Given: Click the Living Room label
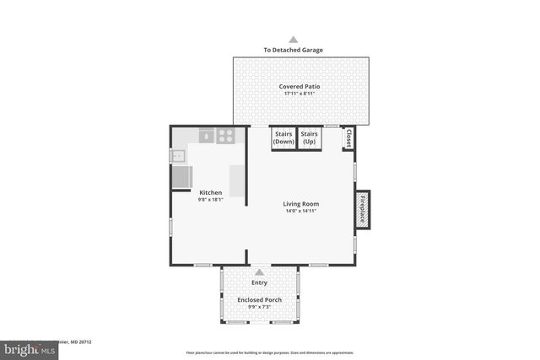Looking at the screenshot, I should coord(300,203).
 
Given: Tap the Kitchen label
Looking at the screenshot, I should coord(210,192).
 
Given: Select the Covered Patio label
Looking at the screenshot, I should coord(300,86).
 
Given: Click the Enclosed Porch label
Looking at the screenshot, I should coord(259,299).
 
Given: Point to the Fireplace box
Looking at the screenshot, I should coord(364,207).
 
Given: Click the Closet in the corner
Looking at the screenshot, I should coord(347,137).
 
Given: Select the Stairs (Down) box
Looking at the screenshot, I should coord(283,138).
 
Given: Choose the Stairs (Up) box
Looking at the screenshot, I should coord(310,138).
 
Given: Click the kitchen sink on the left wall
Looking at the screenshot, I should coord(178,156).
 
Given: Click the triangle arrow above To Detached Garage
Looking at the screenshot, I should coord(294,39).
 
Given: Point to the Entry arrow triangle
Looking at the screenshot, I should coord(259,272).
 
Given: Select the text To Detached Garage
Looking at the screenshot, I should coord(294,50).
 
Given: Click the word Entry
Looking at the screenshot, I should coord(259,282).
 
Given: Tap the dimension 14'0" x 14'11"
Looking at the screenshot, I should coord(300,211).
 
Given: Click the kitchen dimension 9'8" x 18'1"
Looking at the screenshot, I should coord(210,200).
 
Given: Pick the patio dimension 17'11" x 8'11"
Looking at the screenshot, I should coord(300,94).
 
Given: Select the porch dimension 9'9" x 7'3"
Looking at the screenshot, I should coord(259,307).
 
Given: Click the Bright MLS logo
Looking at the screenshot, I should coord(28,348).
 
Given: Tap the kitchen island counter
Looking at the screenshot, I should coord(237,180).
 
